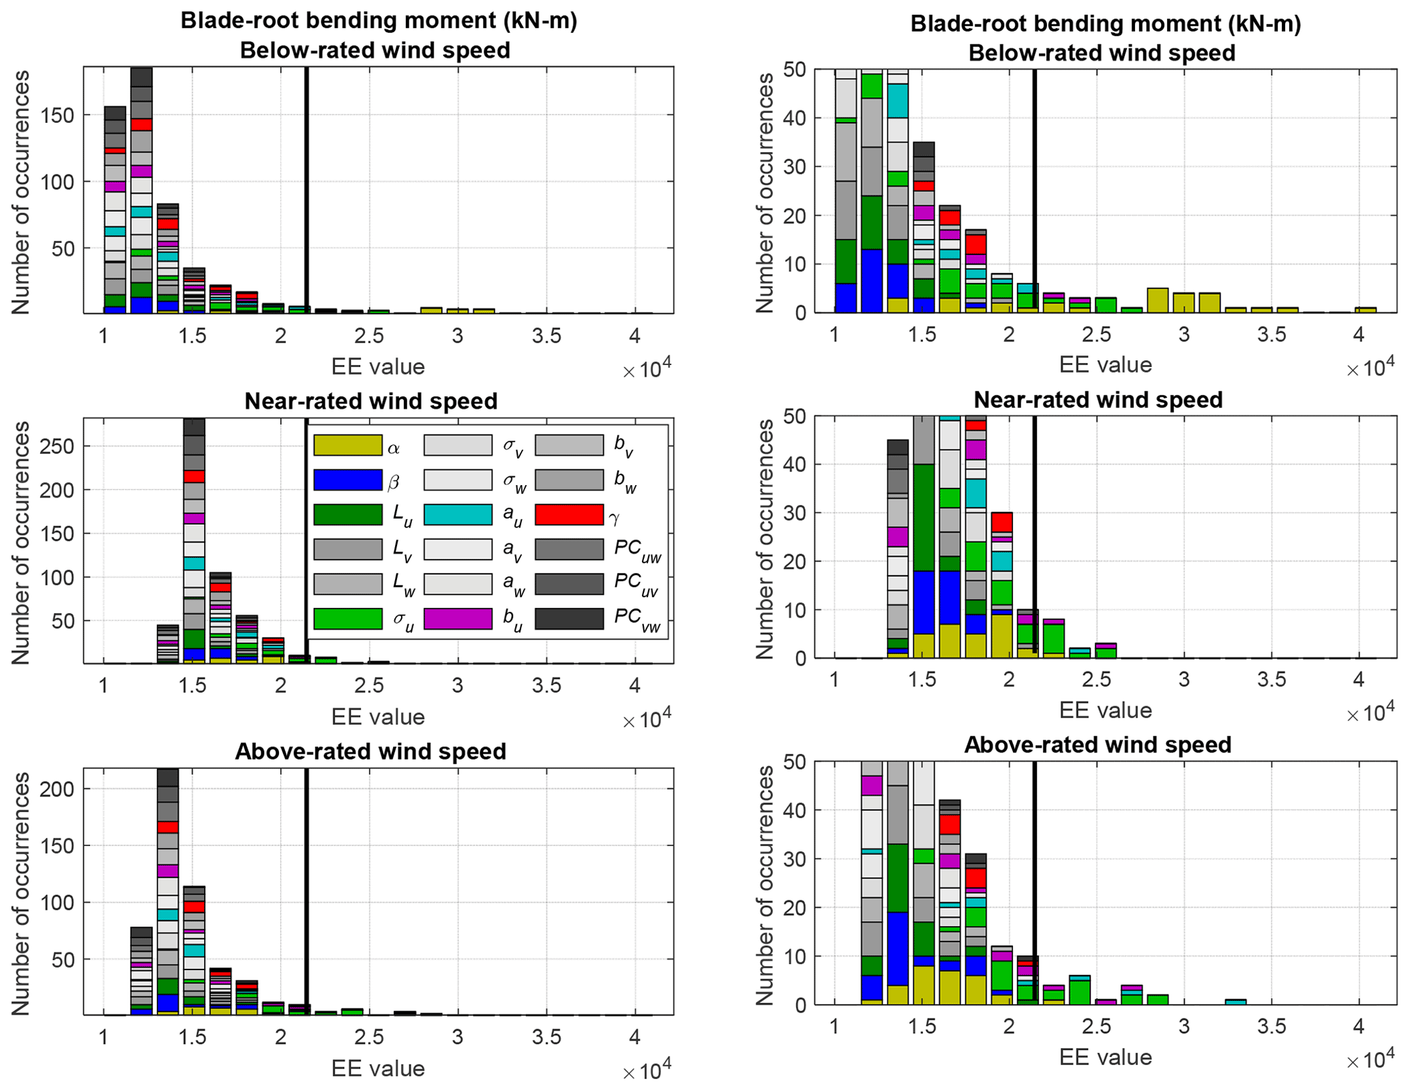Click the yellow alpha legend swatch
347,446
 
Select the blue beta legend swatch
347,480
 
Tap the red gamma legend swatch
569,514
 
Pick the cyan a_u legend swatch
458,514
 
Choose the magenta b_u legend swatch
458,618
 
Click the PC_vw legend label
637,620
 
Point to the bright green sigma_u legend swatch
347,618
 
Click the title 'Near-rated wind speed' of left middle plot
370,401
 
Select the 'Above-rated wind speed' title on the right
1097,744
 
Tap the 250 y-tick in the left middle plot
58,446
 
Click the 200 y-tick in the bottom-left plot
58,789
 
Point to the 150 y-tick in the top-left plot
58,115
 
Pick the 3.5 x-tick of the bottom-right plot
1271,1026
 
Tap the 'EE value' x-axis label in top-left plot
378,366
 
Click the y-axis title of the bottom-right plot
765,885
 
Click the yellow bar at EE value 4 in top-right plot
1365,310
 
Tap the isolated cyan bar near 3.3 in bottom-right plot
1235,1002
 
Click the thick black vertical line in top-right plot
1034,191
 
